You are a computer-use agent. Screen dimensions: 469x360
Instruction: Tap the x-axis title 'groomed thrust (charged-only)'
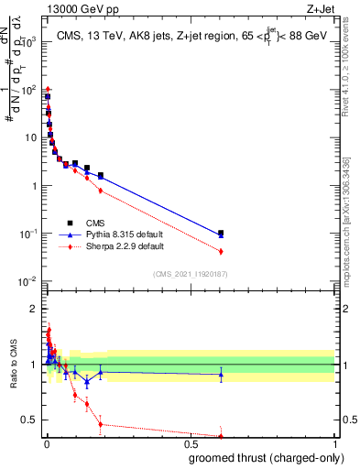pyautogui.click(x=266, y=458)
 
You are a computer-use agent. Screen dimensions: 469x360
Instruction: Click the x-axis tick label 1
pyautogui.click(x=335, y=444)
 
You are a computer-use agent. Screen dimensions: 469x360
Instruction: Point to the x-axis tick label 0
pyautogui.click(x=46, y=444)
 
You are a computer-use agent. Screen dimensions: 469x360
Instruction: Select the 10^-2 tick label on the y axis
pyautogui.click(x=30, y=281)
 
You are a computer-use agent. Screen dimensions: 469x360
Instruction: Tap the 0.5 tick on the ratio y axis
pyautogui.click(x=32, y=420)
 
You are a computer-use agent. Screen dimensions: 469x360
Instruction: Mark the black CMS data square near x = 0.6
pyautogui.click(x=221, y=234)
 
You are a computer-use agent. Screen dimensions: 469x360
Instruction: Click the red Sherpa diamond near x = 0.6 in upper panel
pyautogui.click(x=221, y=251)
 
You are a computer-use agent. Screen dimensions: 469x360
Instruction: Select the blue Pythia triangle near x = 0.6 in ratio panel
pyautogui.click(x=221, y=374)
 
